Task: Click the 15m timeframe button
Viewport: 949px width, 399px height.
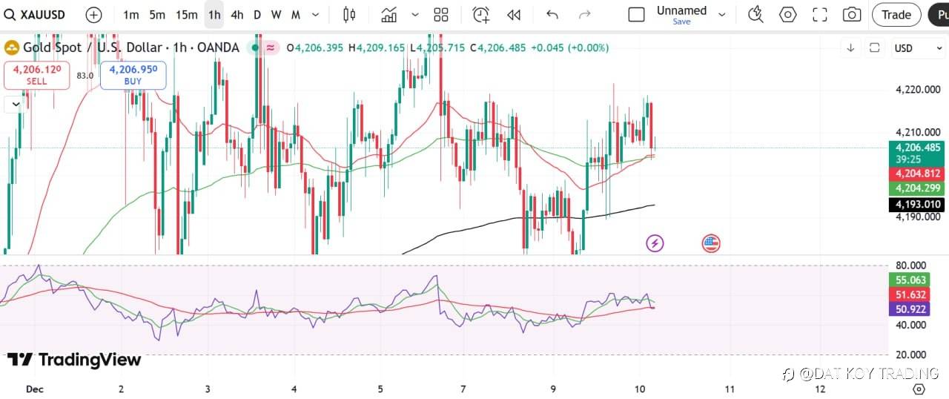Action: pos(187,15)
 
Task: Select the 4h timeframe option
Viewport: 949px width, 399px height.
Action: pos(237,15)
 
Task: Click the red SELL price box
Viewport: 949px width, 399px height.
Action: pos(36,74)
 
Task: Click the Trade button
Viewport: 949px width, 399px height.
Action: pos(896,15)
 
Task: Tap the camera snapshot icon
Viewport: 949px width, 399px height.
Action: pos(852,15)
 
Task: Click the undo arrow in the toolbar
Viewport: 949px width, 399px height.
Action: pos(552,15)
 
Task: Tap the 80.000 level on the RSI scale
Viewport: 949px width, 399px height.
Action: pos(910,266)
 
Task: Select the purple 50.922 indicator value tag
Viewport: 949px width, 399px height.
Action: pos(910,309)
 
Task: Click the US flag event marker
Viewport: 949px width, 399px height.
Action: pos(711,243)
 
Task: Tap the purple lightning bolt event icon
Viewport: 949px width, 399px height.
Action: pos(655,243)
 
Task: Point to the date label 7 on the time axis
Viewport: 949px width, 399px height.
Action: pos(463,389)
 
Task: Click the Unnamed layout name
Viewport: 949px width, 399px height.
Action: pos(681,11)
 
